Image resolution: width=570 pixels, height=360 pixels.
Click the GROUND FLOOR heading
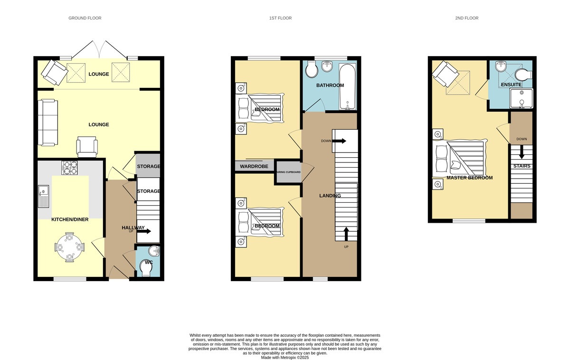click(85, 18)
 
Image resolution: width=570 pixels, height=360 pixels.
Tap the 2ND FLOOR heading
click(466, 18)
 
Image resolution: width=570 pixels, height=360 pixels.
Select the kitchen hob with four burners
click(69, 168)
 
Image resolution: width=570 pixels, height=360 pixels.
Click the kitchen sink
click(44, 196)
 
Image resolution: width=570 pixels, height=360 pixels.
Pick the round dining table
click(69, 247)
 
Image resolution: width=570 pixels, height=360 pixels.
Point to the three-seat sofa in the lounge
click(48, 123)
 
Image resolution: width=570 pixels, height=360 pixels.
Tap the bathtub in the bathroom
click(347, 86)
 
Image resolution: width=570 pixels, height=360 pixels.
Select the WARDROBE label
click(254, 166)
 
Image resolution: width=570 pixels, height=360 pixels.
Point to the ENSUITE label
click(511, 85)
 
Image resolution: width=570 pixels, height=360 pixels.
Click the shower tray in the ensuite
click(521, 98)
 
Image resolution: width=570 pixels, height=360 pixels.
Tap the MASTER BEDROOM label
click(469, 178)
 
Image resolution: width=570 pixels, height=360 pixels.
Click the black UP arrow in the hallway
click(145, 231)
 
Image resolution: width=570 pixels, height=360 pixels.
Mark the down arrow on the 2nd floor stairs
click(522, 152)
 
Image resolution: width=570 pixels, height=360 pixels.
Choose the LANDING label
click(330, 196)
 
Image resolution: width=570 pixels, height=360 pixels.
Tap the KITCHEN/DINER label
click(70, 219)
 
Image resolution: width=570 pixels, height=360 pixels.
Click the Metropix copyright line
click(285, 358)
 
